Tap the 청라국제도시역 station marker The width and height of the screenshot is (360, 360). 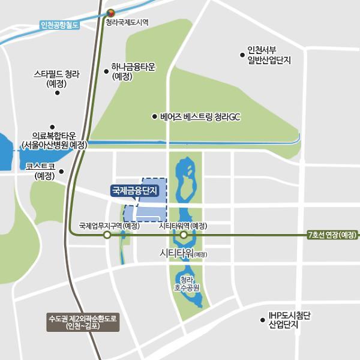[x=110, y=12]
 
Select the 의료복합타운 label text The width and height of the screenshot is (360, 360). [x=54, y=141]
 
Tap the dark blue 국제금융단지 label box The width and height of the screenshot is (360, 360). [x=134, y=191]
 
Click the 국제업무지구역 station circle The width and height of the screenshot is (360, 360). [x=107, y=236]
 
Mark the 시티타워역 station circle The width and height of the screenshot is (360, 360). [x=184, y=235]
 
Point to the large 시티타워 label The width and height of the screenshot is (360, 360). [x=184, y=253]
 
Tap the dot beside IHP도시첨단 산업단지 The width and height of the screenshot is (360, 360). [x=262, y=320]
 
